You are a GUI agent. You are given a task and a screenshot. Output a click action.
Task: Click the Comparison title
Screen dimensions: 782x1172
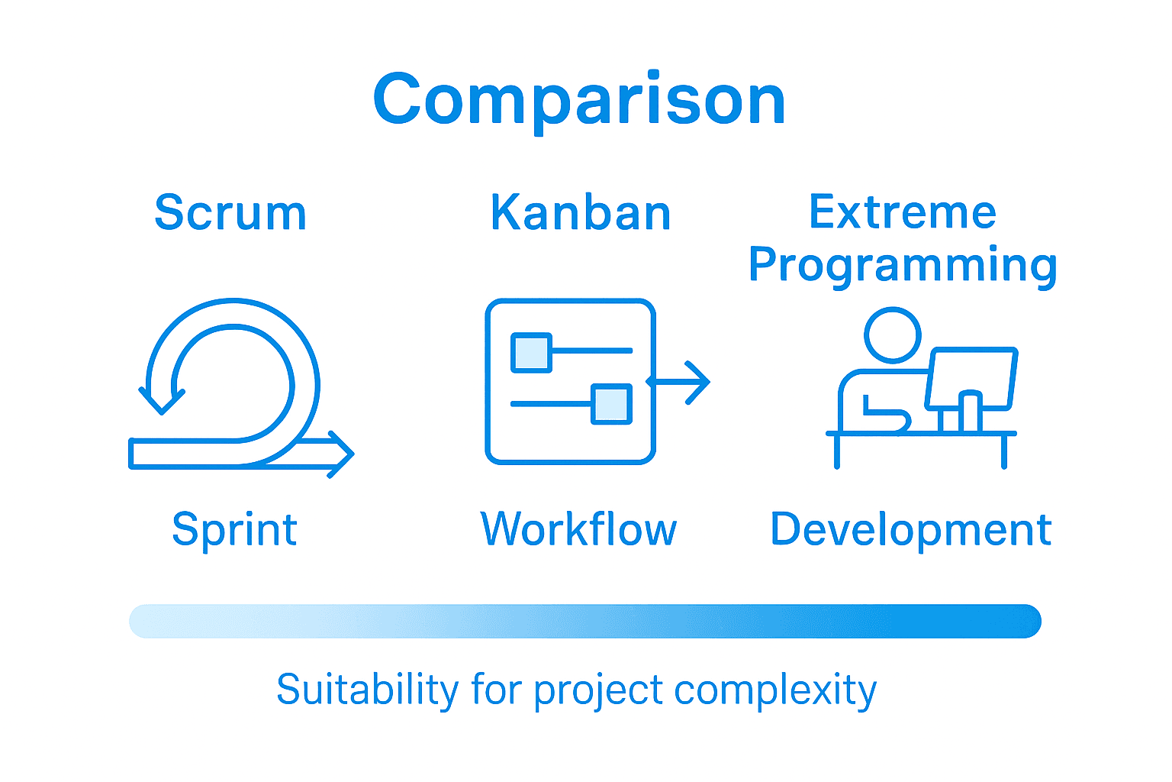click(579, 99)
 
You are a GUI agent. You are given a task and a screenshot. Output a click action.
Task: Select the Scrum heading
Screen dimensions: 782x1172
click(230, 212)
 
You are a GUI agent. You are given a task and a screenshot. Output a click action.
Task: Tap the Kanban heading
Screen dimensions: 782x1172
click(581, 212)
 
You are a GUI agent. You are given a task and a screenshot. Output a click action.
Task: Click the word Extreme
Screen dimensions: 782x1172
click(903, 212)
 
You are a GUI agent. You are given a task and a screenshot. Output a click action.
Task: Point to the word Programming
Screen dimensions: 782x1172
click(903, 265)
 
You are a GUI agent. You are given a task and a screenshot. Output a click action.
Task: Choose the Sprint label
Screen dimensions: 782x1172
click(234, 529)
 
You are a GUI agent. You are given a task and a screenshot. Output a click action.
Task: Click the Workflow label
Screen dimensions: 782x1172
click(578, 529)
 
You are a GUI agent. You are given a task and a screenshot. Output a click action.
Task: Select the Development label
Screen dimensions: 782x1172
click(911, 529)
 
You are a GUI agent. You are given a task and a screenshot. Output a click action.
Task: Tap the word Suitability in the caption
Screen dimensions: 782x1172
click(367, 690)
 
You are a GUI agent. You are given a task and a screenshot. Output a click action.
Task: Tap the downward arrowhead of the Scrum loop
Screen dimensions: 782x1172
click(162, 399)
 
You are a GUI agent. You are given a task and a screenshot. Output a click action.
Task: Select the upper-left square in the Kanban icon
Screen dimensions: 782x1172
click(531, 352)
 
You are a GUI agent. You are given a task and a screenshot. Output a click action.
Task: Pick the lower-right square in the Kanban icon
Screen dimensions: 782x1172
click(611, 404)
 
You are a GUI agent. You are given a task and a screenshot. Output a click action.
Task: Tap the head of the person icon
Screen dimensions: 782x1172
click(893, 334)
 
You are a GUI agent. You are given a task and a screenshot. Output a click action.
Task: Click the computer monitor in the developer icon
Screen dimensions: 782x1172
click(971, 378)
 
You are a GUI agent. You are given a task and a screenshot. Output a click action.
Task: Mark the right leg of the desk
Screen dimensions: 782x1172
click(1004, 451)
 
